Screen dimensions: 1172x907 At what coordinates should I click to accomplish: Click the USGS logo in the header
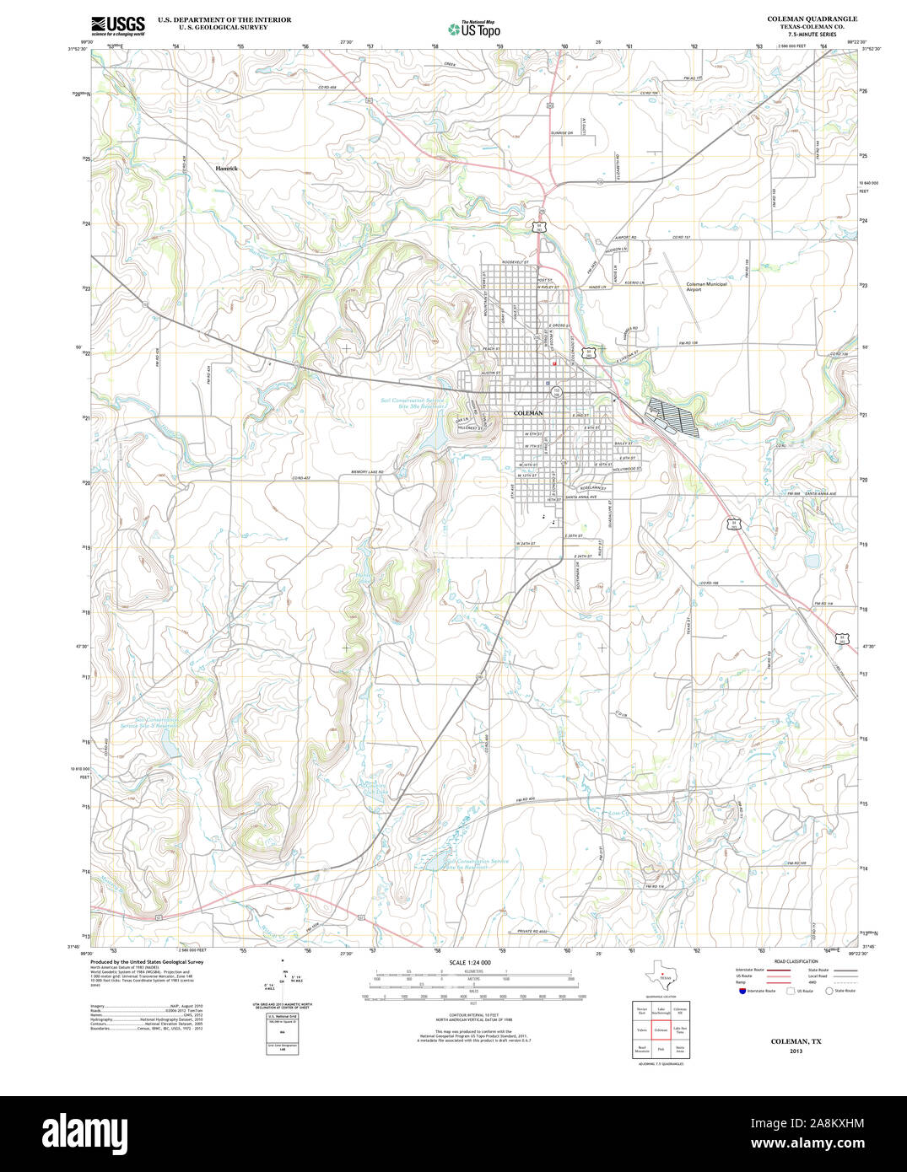[117, 25]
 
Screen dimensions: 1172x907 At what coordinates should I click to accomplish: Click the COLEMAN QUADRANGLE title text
[812, 19]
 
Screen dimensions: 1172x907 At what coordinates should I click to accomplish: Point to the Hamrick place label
[226, 169]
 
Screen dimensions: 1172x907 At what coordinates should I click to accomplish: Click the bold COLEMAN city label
[528, 413]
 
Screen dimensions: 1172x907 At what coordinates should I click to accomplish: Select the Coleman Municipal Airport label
[706, 287]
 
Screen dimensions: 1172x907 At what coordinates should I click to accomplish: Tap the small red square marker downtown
[553, 364]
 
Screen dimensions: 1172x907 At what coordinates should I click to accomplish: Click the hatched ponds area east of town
[672, 417]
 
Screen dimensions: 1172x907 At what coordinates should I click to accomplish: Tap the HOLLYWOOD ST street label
[627, 469]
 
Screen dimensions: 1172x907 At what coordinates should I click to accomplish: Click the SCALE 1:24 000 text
[470, 962]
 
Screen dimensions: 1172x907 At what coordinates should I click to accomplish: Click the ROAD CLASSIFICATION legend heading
[796, 961]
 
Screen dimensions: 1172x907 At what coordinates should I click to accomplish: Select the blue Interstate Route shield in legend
[742, 991]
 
